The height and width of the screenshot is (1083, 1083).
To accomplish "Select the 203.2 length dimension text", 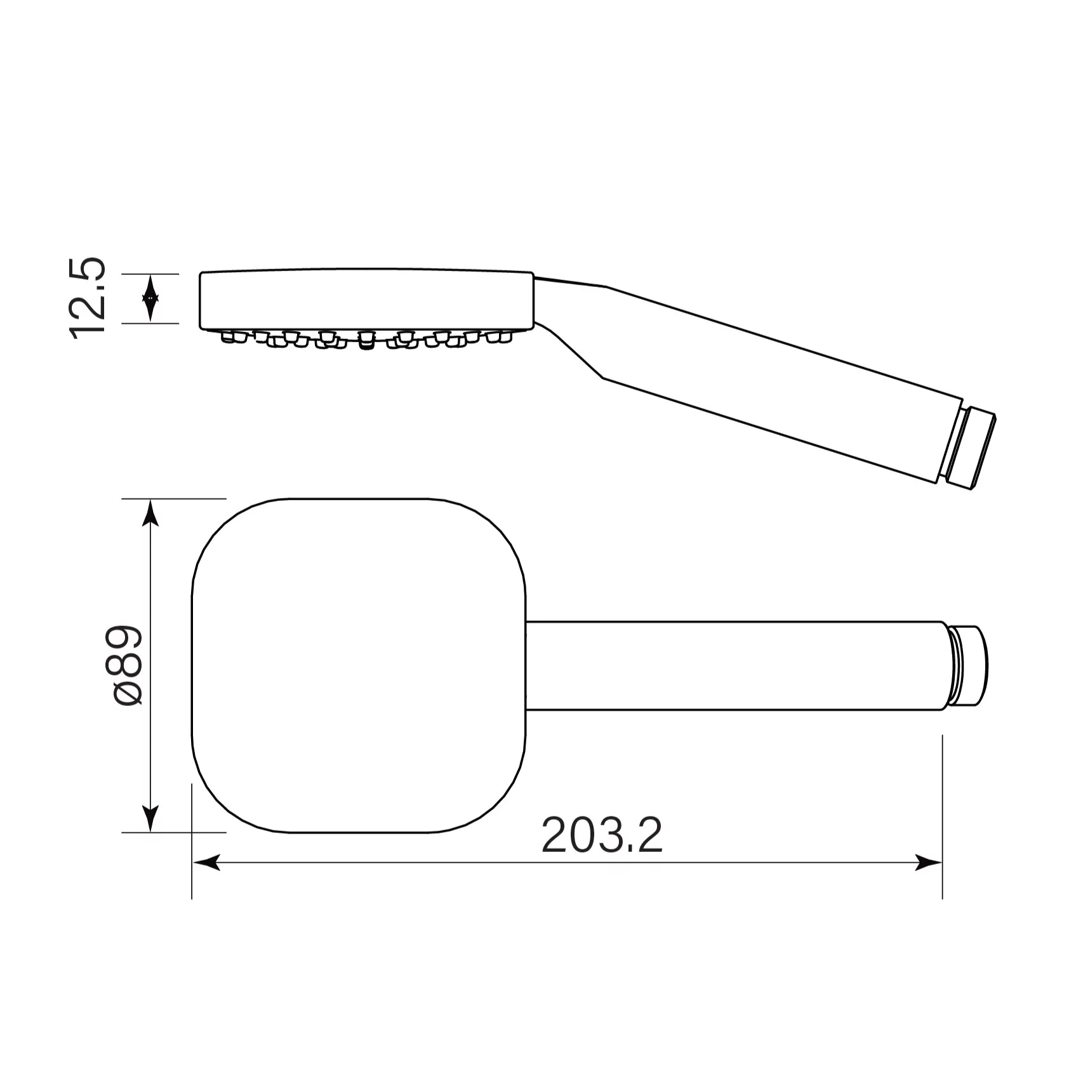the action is pyautogui.click(x=602, y=836).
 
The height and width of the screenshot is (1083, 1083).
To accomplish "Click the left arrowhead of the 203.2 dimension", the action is pyautogui.click(x=206, y=862).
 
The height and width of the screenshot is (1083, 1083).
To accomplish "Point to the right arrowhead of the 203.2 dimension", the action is pyautogui.click(x=928, y=862).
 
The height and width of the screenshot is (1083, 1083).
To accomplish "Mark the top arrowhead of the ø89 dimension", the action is pyautogui.click(x=150, y=512).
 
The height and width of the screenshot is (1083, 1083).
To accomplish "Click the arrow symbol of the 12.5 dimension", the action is pyautogui.click(x=150, y=298).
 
